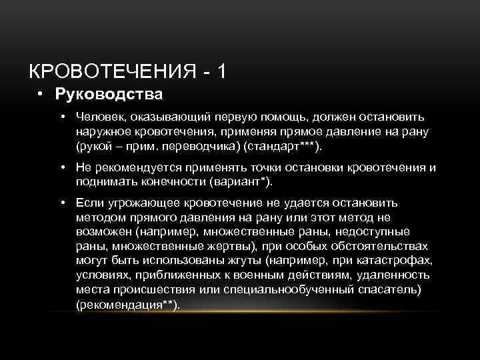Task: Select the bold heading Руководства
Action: [x=109, y=94]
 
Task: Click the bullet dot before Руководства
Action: [x=41, y=94]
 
